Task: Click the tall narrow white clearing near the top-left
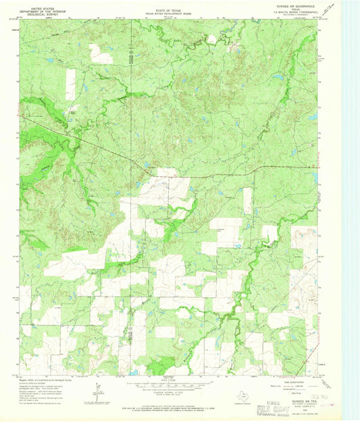click(70, 84)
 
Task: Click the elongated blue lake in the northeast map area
click(278, 78)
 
